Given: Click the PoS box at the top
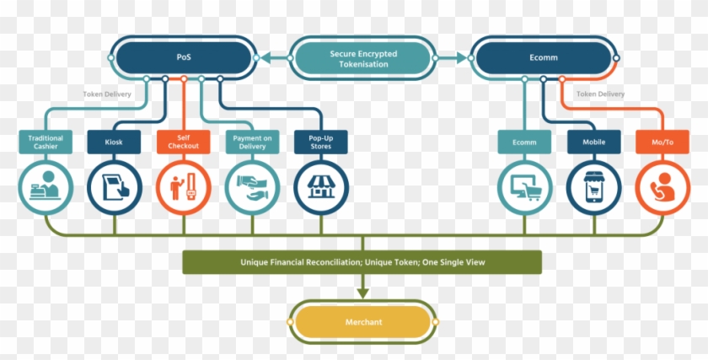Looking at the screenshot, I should pos(183,58).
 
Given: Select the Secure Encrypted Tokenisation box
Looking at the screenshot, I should pos(364,58).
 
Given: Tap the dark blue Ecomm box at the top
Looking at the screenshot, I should pos(543,58).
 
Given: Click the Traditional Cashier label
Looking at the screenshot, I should pos(46,142).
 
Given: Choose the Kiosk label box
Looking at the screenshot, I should pos(114,142).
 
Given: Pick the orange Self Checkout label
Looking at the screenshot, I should pos(183,142).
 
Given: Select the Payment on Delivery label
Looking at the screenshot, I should pos(252,142).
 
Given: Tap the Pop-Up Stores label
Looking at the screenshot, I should pos(320,142).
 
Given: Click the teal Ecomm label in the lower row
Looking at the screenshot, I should pos(524,142).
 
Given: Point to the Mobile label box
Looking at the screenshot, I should pos(593,142).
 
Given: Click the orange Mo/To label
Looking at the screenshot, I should pos(662,142).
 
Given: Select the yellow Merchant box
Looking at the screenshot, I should pos(362,322).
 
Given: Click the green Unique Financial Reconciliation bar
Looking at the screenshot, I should pos(362,262).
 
